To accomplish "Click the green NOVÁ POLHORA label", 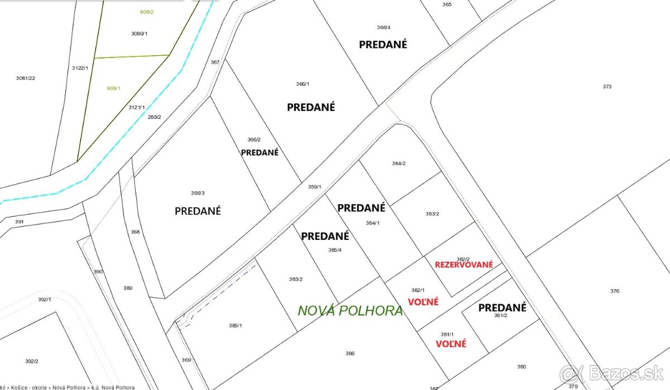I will pyautogui.click(x=350, y=311).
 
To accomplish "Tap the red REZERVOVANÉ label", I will pyautogui.click(x=463, y=264).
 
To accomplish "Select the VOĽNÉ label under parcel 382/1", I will pyautogui.click(x=423, y=302).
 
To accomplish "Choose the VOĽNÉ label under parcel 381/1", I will pyautogui.click(x=451, y=344).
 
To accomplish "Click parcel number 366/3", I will pyautogui.click(x=198, y=193).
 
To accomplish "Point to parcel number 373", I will pyautogui.click(x=607, y=86).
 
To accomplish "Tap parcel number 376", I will pyautogui.click(x=615, y=291).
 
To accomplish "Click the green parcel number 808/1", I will pyautogui.click(x=113, y=88).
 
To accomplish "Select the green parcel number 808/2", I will pyautogui.click(x=146, y=12).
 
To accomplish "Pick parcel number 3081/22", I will pyautogui.click(x=26, y=78).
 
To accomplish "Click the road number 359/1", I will pyautogui.click(x=314, y=187).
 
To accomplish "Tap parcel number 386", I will pyautogui.click(x=350, y=353).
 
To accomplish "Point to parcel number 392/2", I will pyautogui.click(x=32, y=361).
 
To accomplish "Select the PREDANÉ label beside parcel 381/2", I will pyautogui.click(x=502, y=307).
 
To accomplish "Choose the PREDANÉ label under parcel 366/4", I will pyautogui.click(x=383, y=45).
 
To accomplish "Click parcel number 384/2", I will pyautogui.click(x=399, y=163).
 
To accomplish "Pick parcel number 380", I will pyautogui.click(x=521, y=367).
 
